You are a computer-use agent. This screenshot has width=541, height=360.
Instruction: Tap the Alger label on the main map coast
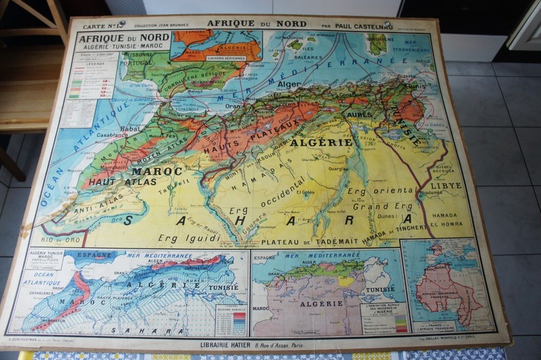click(x=289, y=85)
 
